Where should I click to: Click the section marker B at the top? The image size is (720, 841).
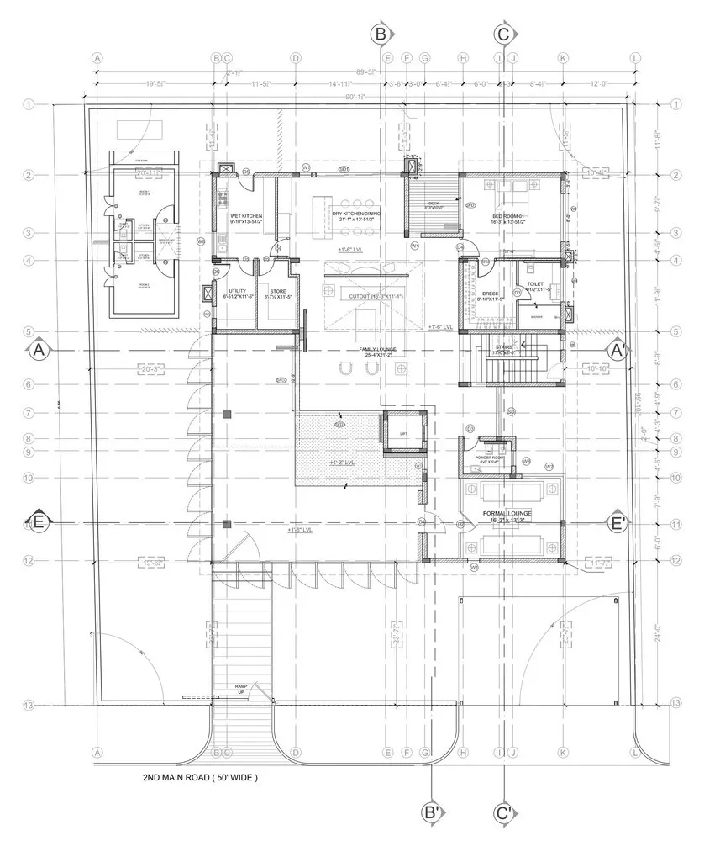[x=381, y=34]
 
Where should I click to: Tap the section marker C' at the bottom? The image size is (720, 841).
[x=504, y=813]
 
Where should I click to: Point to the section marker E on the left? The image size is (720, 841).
[x=38, y=522]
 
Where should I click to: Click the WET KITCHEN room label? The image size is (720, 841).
[x=246, y=216]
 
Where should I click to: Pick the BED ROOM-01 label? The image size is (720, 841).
[x=509, y=216]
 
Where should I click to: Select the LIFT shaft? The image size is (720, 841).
[x=404, y=433]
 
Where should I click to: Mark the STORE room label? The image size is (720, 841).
[x=278, y=293]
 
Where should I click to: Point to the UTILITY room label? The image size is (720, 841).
[x=237, y=293]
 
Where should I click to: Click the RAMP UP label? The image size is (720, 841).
[x=241, y=690]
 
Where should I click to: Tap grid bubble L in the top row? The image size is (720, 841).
[x=635, y=58]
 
